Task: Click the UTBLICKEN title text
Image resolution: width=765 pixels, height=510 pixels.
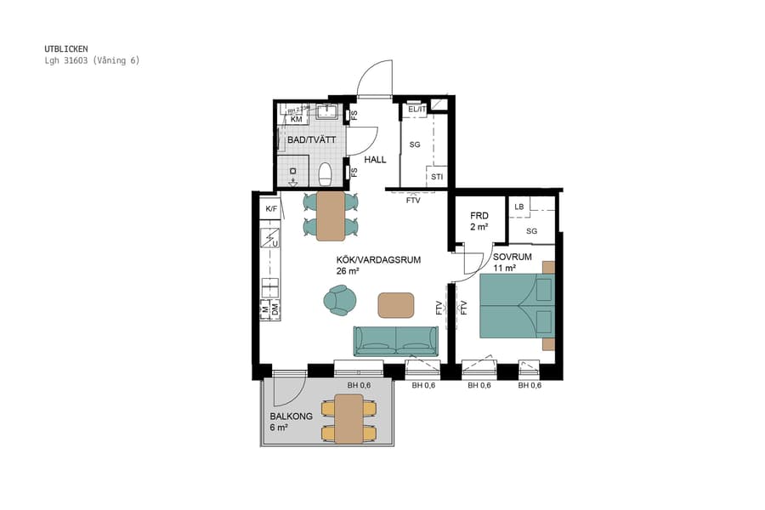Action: [x=66, y=49]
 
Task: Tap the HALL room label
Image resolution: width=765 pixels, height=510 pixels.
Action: [x=375, y=160]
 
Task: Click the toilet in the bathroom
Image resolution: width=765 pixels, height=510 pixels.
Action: [x=324, y=174]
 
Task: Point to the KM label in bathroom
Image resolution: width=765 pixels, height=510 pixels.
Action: [x=296, y=120]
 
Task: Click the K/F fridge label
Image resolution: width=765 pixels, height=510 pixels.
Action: [x=271, y=208]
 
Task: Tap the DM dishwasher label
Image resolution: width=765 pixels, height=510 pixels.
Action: [x=275, y=313]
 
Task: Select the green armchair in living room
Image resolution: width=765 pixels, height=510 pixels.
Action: [x=341, y=299]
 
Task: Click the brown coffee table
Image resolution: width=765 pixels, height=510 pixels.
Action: [x=396, y=304]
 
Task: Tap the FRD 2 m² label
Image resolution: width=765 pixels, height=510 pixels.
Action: [x=479, y=221]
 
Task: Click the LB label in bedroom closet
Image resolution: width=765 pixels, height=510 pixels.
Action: [x=518, y=207]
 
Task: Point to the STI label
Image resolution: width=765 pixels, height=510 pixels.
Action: [x=437, y=177]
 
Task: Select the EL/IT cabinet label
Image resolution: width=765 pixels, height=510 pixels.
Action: [x=416, y=110]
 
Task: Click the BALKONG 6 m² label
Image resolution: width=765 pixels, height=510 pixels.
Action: [x=292, y=422]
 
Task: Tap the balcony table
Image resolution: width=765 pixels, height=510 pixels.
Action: [x=348, y=419]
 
